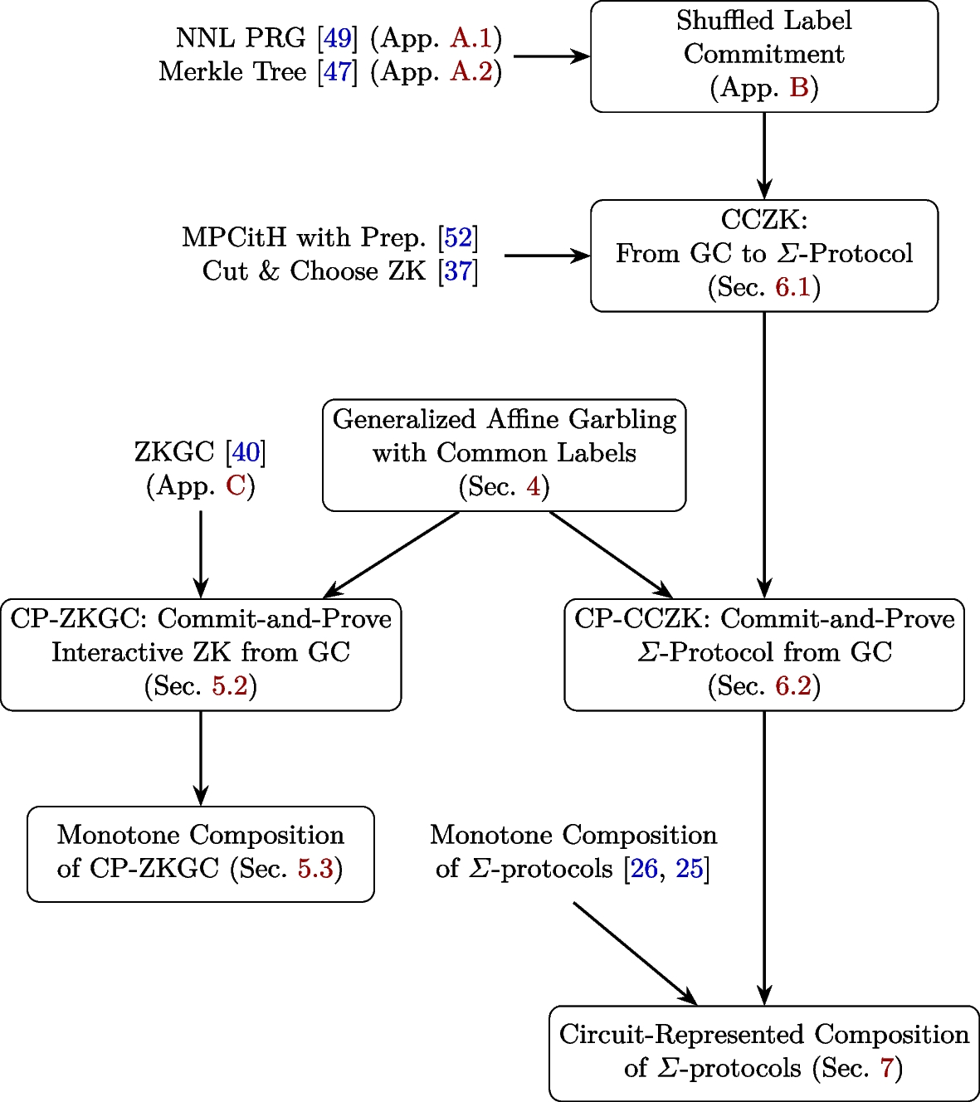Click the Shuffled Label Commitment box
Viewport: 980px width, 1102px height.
tap(763, 56)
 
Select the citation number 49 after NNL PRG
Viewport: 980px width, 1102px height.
tap(338, 38)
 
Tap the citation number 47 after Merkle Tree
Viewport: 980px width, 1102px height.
tap(338, 72)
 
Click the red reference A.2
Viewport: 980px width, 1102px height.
tap(471, 72)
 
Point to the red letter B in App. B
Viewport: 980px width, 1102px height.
tap(798, 87)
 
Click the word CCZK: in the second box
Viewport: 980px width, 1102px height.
tap(763, 220)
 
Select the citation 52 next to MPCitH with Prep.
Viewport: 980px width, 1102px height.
tap(458, 238)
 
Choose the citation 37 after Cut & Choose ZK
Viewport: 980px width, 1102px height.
tap(458, 271)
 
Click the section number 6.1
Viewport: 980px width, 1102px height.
tap(792, 287)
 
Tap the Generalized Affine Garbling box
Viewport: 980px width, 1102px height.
tap(504, 455)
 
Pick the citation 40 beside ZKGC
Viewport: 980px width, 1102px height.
tap(246, 452)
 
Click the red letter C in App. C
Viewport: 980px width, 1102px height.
tap(236, 485)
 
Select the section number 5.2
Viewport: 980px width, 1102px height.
tap(230, 686)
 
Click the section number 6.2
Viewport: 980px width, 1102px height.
tap(792, 686)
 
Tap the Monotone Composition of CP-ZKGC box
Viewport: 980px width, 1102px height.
tap(200, 853)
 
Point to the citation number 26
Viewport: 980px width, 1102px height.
tap(644, 869)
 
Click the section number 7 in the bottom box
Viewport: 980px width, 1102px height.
tap(887, 1068)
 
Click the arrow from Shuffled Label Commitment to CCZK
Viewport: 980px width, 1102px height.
tap(763, 155)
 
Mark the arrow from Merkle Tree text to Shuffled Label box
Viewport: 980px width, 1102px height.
tap(551, 56)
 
